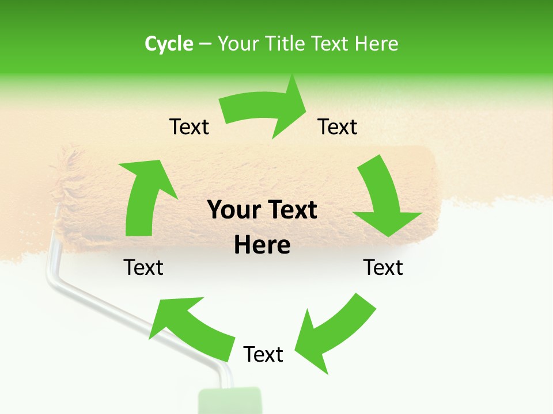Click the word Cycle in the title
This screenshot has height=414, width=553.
(x=169, y=44)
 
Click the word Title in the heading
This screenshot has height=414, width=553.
(x=287, y=44)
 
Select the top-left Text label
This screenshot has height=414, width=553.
(x=189, y=126)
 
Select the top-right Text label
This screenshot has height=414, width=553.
(x=338, y=126)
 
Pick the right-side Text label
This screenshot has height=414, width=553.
(x=383, y=267)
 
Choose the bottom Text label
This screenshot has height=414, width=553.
(x=263, y=354)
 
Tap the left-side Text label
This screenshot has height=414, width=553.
(x=143, y=267)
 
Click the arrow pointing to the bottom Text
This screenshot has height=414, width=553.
(x=334, y=331)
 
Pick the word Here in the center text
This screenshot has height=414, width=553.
(x=262, y=246)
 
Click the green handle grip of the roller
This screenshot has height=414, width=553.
(x=230, y=402)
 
